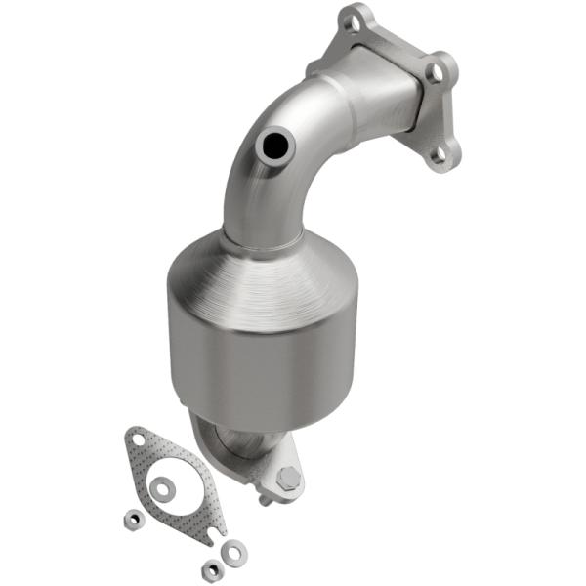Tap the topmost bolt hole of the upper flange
click(x=354, y=19)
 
